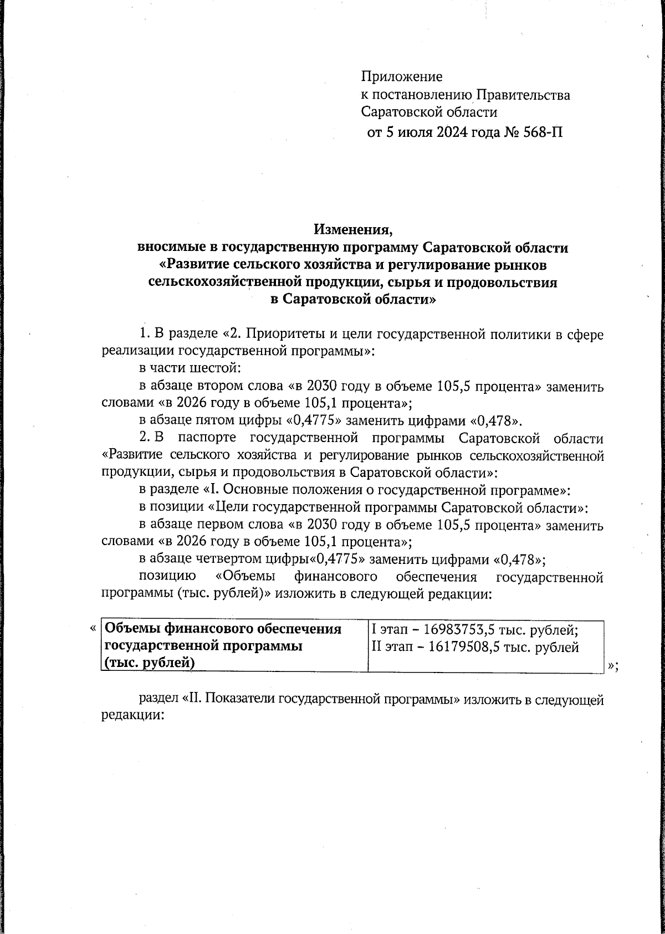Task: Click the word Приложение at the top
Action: (x=402, y=76)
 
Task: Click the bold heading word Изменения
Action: (x=352, y=229)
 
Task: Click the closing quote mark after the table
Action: (x=612, y=667)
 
